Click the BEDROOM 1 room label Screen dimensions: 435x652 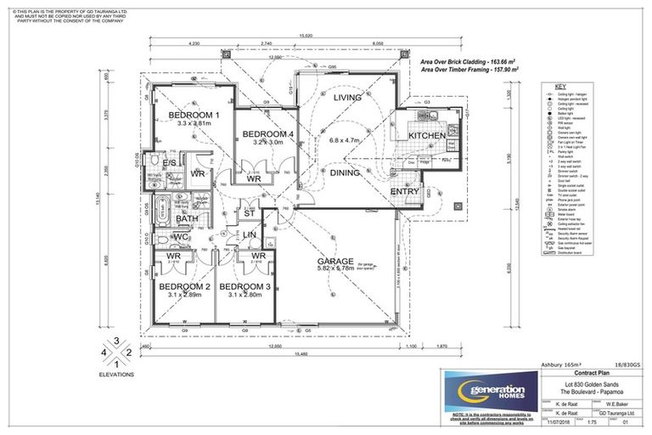pyautogui.click(x=194, y=115)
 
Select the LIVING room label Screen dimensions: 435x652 pyautogui.click(x=347, y=99)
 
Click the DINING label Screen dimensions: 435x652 pyautogui.click(x=345, y=172)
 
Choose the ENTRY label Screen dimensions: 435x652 pyautogui.click(x=405, y=192)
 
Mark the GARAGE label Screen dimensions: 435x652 pyautogui.click(x=334, y=261)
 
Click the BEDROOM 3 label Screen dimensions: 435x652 pyautogui.click(x=245, y=287)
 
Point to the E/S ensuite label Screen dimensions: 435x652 pyautogui.click(x=170, y=162)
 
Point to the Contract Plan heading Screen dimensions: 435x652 pyautogui.click(x=591, y=373)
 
